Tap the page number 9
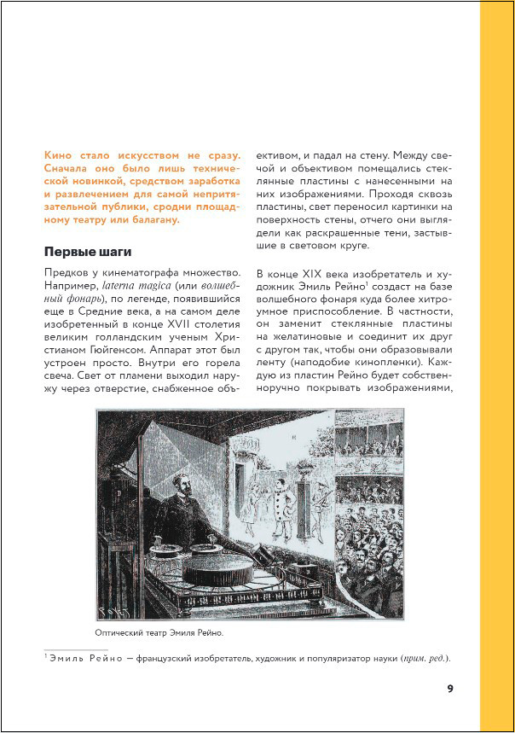click(450, 689)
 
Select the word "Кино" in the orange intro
click(59, 156)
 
